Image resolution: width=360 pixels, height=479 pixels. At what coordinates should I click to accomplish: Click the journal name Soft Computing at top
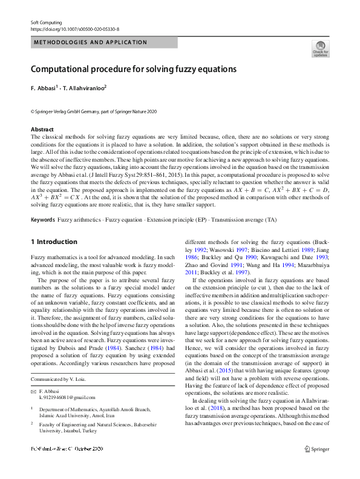point(46,22)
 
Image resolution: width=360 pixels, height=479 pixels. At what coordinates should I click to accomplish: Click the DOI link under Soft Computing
point(75,28)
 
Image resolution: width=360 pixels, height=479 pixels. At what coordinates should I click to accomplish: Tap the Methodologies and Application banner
point(91,42)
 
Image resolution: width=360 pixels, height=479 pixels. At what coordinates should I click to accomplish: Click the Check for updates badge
point(319,49)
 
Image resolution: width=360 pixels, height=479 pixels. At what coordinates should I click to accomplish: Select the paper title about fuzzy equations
point(134,69)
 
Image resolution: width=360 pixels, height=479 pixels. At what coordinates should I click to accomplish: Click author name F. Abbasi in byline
point(43,88)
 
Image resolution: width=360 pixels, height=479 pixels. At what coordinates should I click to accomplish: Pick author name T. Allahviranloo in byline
point(85,88)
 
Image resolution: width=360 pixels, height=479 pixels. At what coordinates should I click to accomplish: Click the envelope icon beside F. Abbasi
point(33,392)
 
